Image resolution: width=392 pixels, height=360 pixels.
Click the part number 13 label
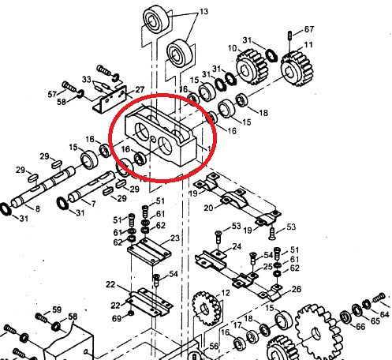[203, 12]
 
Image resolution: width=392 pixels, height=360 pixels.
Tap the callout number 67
[309, 29]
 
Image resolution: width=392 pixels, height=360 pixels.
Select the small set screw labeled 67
[289, 36]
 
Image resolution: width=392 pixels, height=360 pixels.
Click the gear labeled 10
[252, 67]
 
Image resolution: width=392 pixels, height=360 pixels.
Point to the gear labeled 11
[297, 69]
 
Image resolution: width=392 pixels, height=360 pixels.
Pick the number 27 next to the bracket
[140, 90]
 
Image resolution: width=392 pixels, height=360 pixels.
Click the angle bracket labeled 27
[110, 99]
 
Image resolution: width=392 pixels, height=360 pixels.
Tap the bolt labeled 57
[69, 86]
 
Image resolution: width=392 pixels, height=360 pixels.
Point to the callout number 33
[86, 79]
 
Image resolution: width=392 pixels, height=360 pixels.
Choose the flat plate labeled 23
[150, 251]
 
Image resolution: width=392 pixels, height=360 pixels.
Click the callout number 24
[237, 246]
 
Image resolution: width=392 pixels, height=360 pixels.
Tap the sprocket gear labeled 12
[207, 309]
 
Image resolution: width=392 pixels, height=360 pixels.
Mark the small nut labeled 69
[131, 313]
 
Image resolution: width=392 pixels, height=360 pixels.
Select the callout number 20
[208, 208]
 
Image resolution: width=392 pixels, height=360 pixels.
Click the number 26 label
[297, 289]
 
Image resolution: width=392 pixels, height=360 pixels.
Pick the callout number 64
[384, 314]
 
